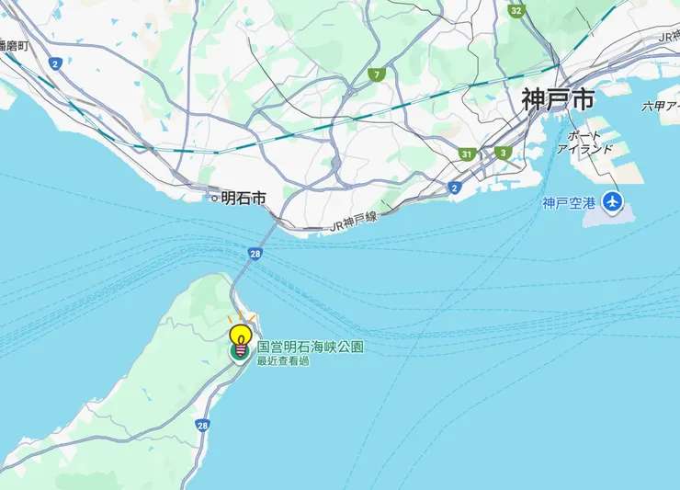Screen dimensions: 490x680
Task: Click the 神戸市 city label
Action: tap(557, 99)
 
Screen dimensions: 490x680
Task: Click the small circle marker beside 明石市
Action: tap(214, 198)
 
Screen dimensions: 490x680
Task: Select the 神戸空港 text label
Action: tap(569, 202)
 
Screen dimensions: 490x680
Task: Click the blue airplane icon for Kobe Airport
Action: tap(612, 202)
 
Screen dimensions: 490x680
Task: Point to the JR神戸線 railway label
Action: tap(353, 222)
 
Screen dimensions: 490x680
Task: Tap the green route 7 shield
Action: tap(375, 74)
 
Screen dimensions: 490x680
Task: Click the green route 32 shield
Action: tap(516, 10)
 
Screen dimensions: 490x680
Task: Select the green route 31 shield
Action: tap(468, 154)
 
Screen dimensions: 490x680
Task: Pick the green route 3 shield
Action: tap(502, 153)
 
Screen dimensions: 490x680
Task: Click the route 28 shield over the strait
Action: tap(254, 253)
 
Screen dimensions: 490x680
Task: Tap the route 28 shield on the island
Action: tap(202, 425)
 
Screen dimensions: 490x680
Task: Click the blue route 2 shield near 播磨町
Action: tap(56, 63)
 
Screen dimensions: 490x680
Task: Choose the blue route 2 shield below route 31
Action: tap(455, 188)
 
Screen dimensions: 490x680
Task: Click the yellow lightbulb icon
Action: tap(241, 338)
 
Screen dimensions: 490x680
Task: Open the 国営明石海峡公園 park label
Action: tap(310, 348)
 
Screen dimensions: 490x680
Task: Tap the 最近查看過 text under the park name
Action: tap(282, 361)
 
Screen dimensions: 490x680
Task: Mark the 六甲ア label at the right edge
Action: tap(663, 108)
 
